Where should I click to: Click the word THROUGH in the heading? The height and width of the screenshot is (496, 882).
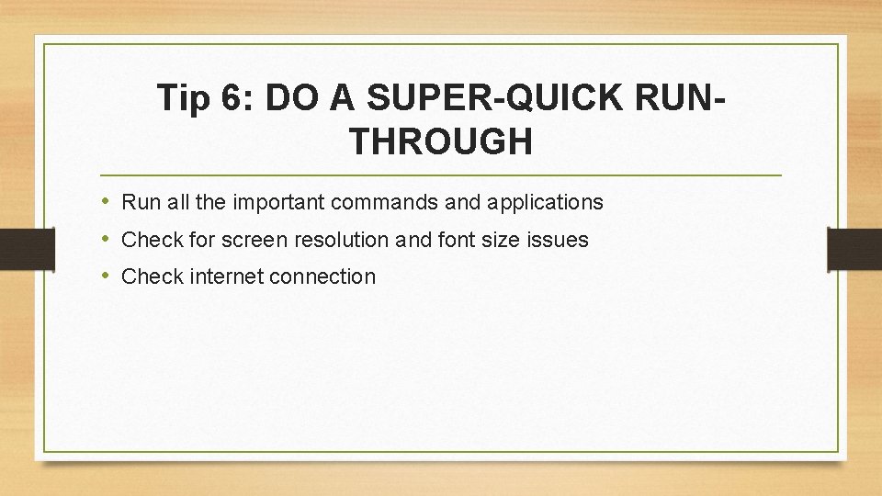[x=441, y=141]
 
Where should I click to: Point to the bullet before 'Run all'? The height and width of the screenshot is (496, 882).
[x=107, y=201]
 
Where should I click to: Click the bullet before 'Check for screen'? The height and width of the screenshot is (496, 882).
[x=107, y=239]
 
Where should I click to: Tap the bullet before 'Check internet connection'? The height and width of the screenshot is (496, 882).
[x=107, y=276]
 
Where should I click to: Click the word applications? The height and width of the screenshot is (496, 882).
[x=546, y=202]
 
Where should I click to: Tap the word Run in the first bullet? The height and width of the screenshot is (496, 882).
[x=138, y=202]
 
